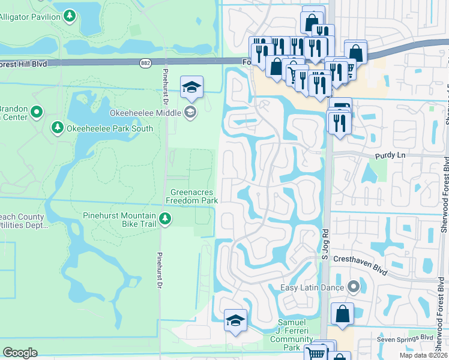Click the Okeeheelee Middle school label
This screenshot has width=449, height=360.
click(x=147, y=112)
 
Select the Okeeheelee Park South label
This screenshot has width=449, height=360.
click(x=110, y=128)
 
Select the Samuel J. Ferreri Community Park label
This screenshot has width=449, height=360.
click(x=291, y=339)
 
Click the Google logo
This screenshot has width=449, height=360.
click(x=20, y=353)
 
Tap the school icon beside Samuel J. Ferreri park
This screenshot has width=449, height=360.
click(x=235, y=320)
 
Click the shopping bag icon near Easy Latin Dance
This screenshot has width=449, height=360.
click(x=342, y=314)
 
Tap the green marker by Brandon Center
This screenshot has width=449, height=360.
click(x=37, y=112)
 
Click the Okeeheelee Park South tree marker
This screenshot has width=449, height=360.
click(x=58, y=128)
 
